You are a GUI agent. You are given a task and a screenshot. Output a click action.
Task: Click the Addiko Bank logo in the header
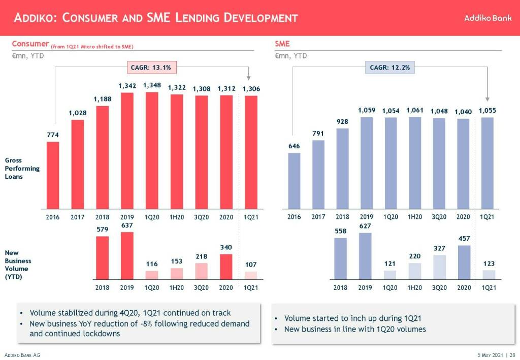487,18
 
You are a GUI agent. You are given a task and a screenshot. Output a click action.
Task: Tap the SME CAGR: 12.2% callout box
389,67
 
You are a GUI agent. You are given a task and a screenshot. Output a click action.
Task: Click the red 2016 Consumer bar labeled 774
53,175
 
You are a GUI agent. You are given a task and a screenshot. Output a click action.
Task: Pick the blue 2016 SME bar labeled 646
294,181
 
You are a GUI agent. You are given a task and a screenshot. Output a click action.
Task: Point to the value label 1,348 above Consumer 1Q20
152,85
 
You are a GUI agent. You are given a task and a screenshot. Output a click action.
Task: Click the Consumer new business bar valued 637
127,255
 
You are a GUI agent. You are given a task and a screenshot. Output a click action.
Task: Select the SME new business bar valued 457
464,262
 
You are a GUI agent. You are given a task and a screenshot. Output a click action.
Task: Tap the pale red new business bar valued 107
250,275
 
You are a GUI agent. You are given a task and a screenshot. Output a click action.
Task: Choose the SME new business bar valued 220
415,271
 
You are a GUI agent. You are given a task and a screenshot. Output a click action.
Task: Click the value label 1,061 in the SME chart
414,110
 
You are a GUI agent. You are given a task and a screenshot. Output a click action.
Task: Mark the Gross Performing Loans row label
22,168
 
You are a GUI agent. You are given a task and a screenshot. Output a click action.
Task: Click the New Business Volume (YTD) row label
18,265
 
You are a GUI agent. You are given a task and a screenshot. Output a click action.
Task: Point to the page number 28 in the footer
512,355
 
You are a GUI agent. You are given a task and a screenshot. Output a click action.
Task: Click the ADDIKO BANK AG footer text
22,355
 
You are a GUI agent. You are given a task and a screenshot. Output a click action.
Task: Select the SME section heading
282,44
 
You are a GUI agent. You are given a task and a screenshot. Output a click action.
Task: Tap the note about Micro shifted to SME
92,47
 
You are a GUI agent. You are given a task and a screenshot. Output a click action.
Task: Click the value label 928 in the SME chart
343,122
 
